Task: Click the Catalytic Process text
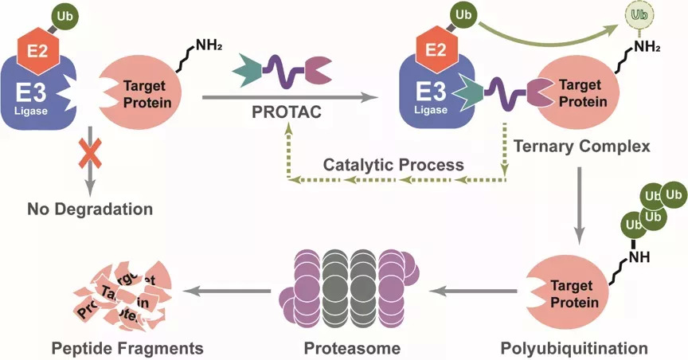pyautogui.click(x=393, y=165)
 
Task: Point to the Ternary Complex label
pyautogui.click(x=582, y=147)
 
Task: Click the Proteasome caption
pyautogui.click(x=351, y=348)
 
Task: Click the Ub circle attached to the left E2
pyautogui.click(x=64, y=15)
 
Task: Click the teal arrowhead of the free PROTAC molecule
pyautogui.click(x=246, y=73)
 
